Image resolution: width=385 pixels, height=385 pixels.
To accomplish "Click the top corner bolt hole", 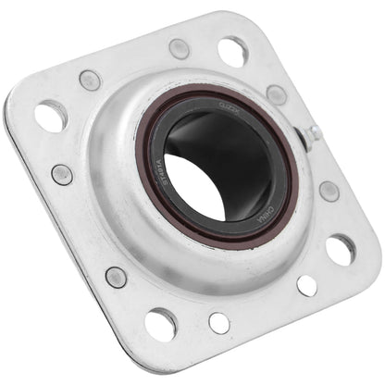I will click(231, 50).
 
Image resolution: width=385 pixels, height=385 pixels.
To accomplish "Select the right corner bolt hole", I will click(340, 248).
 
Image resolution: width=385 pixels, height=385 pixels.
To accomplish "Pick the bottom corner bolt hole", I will click(160, 321).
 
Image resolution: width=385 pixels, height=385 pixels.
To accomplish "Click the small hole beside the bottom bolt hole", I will click(219, 322).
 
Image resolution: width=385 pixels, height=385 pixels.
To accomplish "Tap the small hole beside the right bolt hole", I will click(307, 286).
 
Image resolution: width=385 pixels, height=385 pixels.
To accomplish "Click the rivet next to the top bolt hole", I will click(179, 49).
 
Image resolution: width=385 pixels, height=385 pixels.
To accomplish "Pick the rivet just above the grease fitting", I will click(276, 93).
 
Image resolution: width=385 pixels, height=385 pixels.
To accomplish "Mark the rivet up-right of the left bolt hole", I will click(90, 80).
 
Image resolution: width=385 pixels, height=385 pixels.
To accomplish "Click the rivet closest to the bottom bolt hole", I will click(116, 276).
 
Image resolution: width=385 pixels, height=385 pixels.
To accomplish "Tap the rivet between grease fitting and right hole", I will click(328, 192).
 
